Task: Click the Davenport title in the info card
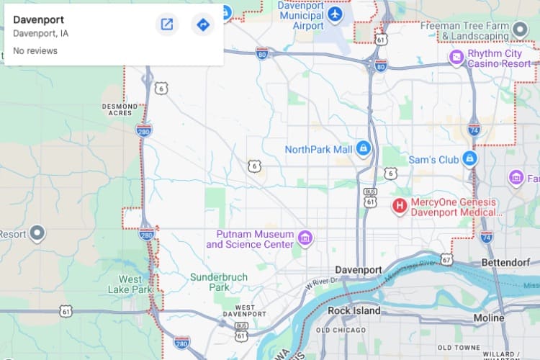[x=38, y=19]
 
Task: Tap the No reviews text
[x=35, y=51]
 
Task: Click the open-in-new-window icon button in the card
[x=166, y=25]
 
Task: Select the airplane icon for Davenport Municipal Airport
[x=334, y=14]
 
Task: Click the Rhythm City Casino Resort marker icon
[x=456, y=58]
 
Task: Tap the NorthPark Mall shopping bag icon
[x=364, y=149]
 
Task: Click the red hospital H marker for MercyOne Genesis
[x=399, y=207]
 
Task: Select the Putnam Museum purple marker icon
[x=305, y=238]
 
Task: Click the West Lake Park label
[x=135, y=284]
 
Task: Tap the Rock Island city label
[x=354, y=311]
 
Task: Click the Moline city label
[x=489, y=318]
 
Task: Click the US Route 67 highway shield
[x=446, y=259]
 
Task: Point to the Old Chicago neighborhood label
[x=343, y=330]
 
